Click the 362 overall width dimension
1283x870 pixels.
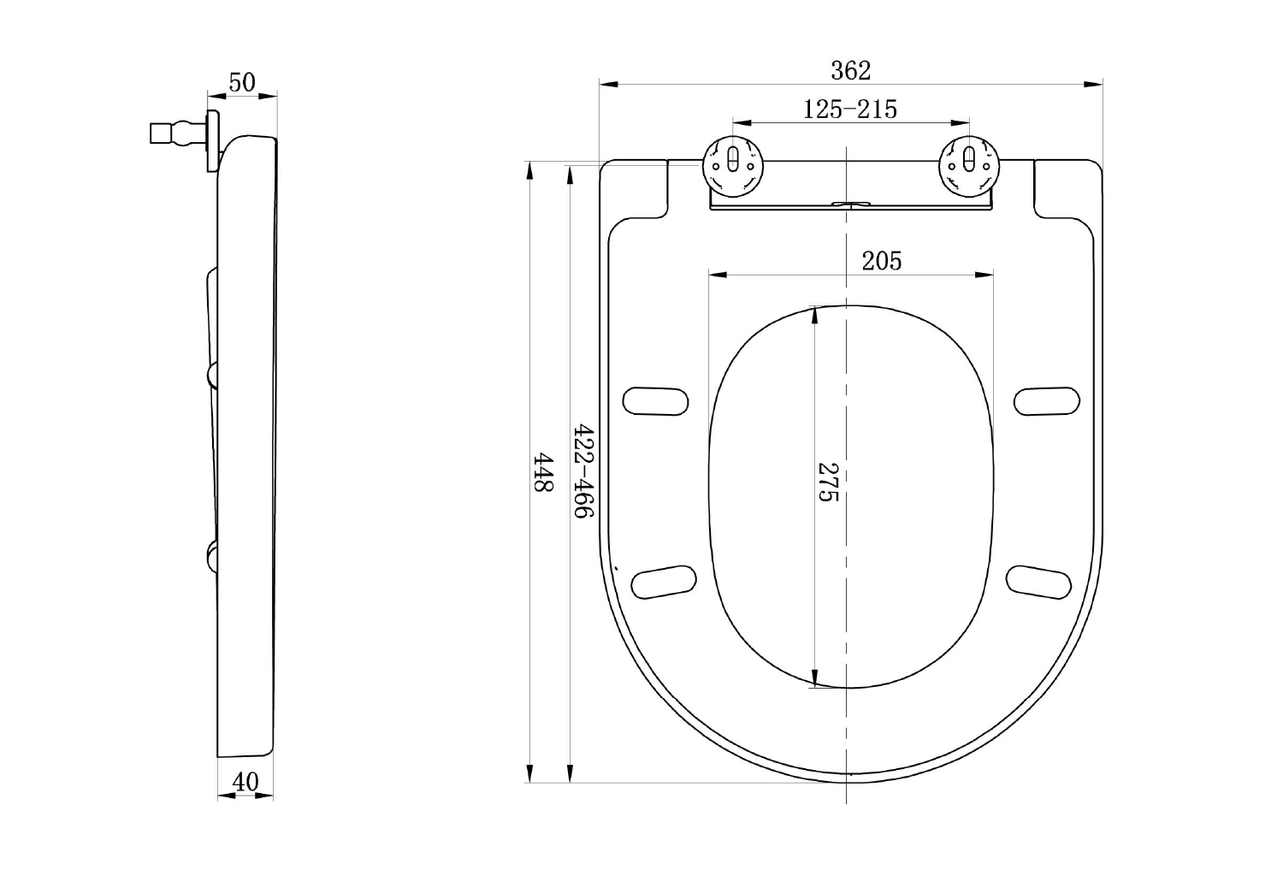point(850,70)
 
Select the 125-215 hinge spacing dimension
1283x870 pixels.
point(850,109)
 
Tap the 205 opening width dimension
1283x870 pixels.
point(881,260)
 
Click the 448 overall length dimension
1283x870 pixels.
point(544,472)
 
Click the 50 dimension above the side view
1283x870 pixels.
point(242,82)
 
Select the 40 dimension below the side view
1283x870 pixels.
point(245,782)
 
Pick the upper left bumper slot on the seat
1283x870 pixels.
point(655,400)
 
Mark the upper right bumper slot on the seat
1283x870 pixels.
point(1047,400)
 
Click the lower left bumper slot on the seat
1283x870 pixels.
point(664,581)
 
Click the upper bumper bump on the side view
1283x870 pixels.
point(211,375)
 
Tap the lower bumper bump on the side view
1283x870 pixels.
point(211,556)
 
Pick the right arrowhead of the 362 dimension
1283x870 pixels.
point(1094,84)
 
